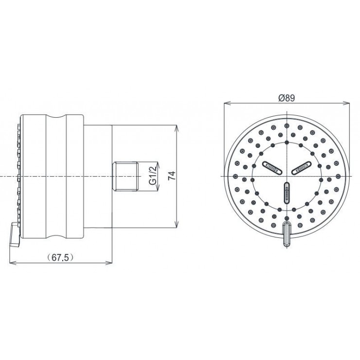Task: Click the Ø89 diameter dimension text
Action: (287, 97)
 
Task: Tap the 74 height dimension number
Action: (171, 176)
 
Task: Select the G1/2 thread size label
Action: (153, 176)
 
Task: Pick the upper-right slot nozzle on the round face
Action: (302, 168)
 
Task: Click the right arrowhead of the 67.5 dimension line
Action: (111, 264)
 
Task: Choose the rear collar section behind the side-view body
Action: (98, 176)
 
